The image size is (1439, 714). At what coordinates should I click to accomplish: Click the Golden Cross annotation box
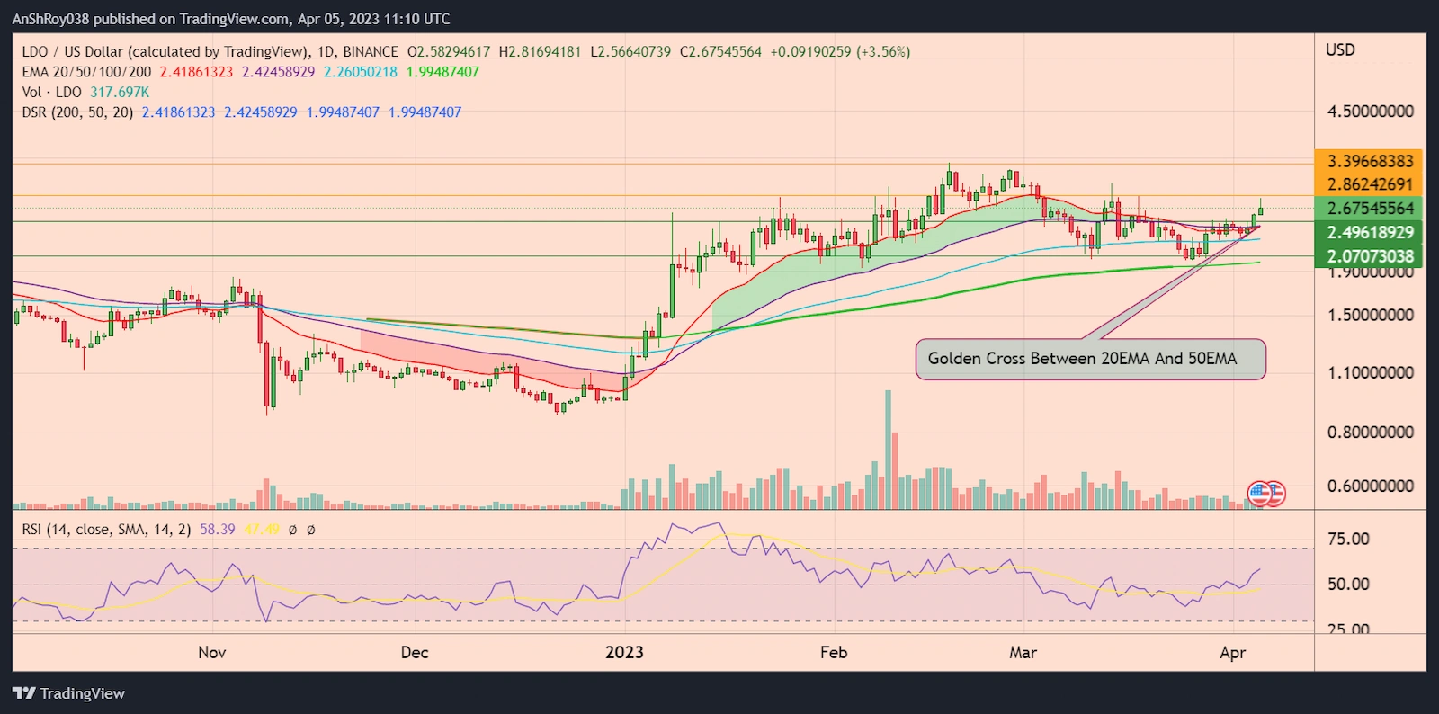point(1090,359)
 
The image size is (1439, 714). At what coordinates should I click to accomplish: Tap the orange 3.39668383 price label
point(1370,161)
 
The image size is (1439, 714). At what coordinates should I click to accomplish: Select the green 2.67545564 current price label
point(1370,208)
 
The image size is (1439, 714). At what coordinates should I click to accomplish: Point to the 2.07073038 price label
point(1370,256)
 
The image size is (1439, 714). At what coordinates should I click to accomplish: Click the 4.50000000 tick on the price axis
point(1370,112)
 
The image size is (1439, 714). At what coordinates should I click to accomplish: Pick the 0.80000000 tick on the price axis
point(1370,433)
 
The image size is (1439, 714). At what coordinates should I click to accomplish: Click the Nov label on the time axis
point(212,652)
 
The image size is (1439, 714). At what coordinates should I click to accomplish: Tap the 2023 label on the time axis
point(624,652)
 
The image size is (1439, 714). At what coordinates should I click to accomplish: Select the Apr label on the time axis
point(1232,652)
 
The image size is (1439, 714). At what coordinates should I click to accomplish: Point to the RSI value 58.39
point(217,530)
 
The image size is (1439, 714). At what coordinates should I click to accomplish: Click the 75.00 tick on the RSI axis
point(1348,539)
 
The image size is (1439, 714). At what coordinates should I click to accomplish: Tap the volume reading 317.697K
point(120,92)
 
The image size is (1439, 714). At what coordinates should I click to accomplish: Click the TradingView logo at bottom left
point(68,693)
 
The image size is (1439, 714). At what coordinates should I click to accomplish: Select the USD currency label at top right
point(1340,50)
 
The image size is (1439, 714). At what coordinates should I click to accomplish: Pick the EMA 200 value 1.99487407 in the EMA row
point(442,72)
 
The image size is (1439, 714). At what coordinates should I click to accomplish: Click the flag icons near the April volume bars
point(1266,493)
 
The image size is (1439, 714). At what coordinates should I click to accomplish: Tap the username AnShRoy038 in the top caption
point(50,19)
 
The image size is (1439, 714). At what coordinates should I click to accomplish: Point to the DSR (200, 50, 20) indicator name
point(77,112)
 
